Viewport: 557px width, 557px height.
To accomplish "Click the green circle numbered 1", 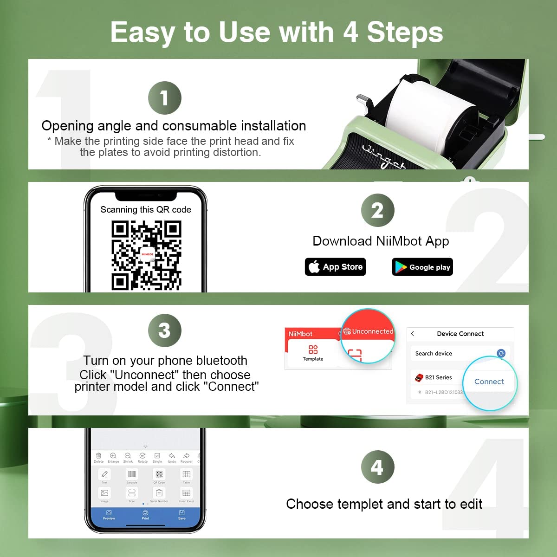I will coord(164,98).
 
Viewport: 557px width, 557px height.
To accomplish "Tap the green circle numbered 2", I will coord(377,210).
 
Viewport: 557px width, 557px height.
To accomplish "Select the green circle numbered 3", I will coord(164,330).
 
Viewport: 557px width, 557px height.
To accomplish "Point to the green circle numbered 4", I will coord(377,467).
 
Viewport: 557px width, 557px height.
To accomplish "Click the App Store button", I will coord(335,267).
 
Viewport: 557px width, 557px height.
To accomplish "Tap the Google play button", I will coord(422,267).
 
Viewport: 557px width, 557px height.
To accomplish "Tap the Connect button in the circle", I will coord(489,382).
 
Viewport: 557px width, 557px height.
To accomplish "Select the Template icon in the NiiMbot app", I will coord(313,352).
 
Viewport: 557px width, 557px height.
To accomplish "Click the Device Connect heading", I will coord(460,334).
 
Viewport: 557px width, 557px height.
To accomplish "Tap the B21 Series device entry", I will coord(438,377).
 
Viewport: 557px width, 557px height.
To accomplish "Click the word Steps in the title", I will coord(405,32).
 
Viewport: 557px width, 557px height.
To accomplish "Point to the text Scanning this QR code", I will coord(146,210).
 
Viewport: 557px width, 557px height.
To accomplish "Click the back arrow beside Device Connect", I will coord(413,334).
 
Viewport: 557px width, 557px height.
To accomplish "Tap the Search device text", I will coord(434,354).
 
